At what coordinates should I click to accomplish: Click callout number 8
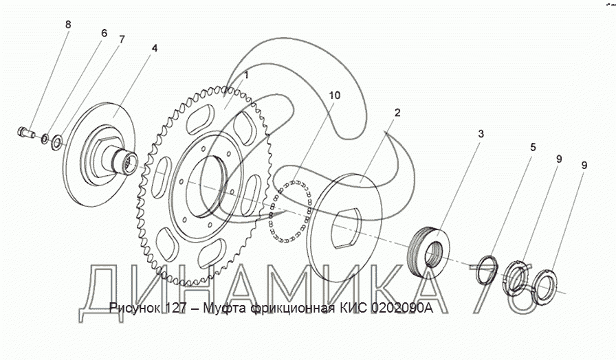point(67,25)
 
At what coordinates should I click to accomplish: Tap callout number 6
point(104,32)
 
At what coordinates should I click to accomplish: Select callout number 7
point(122,39)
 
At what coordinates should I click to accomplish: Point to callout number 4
point(154,48)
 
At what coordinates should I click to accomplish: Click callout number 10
point(334,95)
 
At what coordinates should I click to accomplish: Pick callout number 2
point(397,112)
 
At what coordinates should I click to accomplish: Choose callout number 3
point(481,133)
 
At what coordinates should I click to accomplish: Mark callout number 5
point(533,146)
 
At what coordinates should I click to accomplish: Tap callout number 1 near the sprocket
point(245,74)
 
